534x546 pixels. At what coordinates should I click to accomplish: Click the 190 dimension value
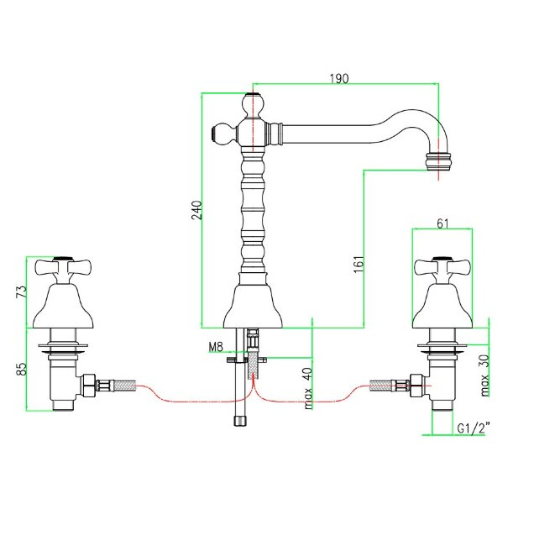[338, 78]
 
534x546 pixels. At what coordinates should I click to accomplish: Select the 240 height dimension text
[196, 209]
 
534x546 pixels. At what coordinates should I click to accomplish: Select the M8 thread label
[216, 345]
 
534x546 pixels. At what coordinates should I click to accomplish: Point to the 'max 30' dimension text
[484, 375]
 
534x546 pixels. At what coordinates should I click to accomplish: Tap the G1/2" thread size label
[474, 428]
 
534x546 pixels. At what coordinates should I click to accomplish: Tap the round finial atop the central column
[253, 106]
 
